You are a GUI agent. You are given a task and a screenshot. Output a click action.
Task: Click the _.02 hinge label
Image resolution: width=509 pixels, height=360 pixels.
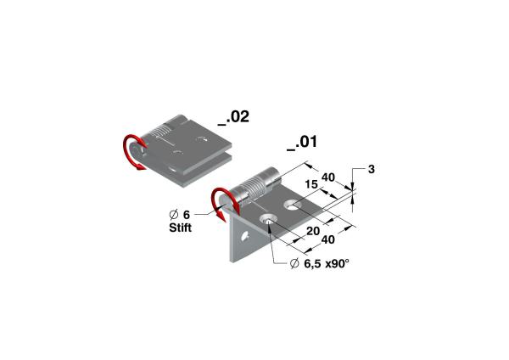[233, 117]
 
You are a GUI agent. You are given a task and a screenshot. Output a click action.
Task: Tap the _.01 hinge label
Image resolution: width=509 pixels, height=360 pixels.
[302, 143]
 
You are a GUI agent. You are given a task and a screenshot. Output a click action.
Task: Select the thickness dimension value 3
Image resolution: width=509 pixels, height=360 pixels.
[372, 169]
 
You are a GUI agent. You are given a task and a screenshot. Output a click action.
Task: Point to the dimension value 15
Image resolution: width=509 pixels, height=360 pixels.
[311, 185]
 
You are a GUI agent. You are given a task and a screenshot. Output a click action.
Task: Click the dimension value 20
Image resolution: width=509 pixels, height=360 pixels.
[313, 231]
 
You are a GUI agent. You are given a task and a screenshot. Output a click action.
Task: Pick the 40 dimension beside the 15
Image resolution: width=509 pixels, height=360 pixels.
[327, 177]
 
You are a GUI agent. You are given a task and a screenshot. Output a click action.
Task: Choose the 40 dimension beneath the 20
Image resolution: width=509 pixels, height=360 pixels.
[327, 239]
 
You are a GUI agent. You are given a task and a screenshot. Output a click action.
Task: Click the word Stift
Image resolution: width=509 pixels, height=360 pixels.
[180, 228]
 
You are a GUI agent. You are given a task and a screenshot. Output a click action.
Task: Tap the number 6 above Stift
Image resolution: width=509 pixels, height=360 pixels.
[187, 215]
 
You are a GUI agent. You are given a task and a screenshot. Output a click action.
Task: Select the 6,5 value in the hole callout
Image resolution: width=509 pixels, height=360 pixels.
[312, 263]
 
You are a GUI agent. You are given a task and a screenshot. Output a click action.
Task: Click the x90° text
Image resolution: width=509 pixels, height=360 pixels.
[338, 263]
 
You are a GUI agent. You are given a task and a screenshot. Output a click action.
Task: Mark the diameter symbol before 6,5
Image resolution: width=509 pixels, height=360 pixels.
[294, 263]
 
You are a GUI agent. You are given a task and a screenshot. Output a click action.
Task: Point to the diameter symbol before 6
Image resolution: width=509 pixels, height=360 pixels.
[174, 215]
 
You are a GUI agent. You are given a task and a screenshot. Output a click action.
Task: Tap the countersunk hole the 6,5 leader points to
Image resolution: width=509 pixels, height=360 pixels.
[268, 219]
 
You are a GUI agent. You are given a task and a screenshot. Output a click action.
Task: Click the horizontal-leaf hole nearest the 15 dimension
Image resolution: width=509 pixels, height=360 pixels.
[293, 205]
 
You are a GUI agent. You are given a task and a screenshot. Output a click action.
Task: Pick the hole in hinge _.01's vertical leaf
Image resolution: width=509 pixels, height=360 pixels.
[245, 236]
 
